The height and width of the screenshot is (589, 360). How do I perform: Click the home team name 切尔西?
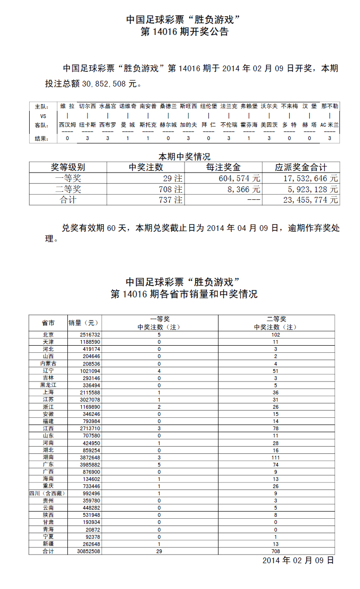coord(87,106)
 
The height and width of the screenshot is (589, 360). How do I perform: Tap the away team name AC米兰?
coord(329,125)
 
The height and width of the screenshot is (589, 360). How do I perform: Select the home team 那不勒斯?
coord(330,106)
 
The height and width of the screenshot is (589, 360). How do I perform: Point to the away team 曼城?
coord(128,125)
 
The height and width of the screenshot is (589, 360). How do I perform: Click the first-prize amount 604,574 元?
coord(233,178)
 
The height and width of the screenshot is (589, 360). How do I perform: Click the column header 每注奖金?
coord(223,167)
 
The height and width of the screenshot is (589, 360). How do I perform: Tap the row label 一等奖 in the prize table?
coord(68,178)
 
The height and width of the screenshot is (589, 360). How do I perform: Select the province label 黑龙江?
coord(48,385)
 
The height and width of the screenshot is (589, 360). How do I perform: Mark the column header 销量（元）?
coord(83,323)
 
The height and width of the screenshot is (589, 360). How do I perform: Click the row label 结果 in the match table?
coord(42,139)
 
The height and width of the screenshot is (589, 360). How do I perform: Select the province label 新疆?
coord(48,544)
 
